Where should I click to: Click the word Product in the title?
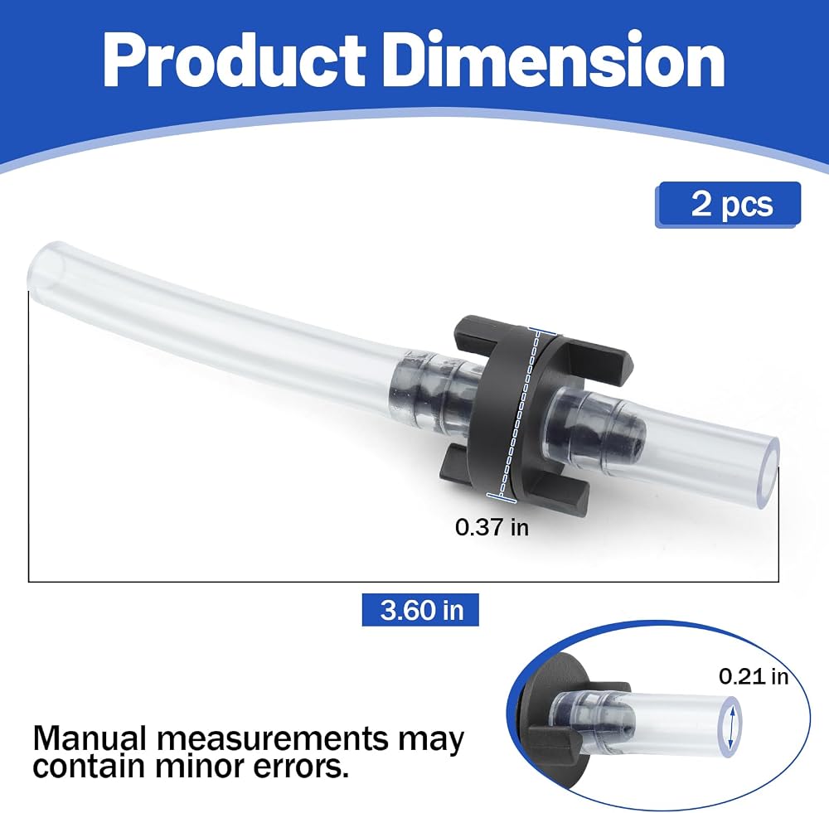pyautogui.click(x=235, y=60)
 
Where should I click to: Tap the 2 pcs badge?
pyautogui.click(x=728, y=205)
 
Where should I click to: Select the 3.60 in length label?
pyautogui.click(x=420, y=610)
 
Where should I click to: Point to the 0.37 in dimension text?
pyautogui.click(x=492, y=528)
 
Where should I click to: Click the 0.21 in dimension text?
pyautogui.click(x=754, y=676)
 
